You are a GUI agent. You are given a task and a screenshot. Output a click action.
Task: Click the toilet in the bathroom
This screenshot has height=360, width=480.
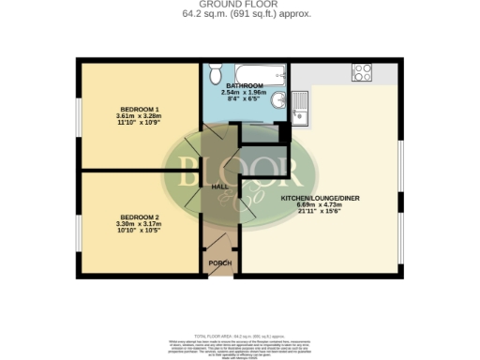[215, 73]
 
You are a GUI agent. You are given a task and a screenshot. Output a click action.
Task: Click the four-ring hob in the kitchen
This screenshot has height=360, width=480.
[363, 71]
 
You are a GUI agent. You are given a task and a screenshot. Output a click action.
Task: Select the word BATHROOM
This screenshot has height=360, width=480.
[243, 85]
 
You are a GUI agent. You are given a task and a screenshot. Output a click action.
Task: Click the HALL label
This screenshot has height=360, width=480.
[220, 187]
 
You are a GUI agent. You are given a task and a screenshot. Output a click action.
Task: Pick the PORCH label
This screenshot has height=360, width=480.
[220, 262]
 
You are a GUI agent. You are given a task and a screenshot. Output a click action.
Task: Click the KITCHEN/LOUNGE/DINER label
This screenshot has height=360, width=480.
[321, 199]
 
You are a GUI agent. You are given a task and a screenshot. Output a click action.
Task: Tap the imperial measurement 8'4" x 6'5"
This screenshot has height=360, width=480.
[243, 100]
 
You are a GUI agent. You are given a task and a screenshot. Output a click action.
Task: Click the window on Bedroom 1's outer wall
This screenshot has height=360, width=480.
[78, 117]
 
